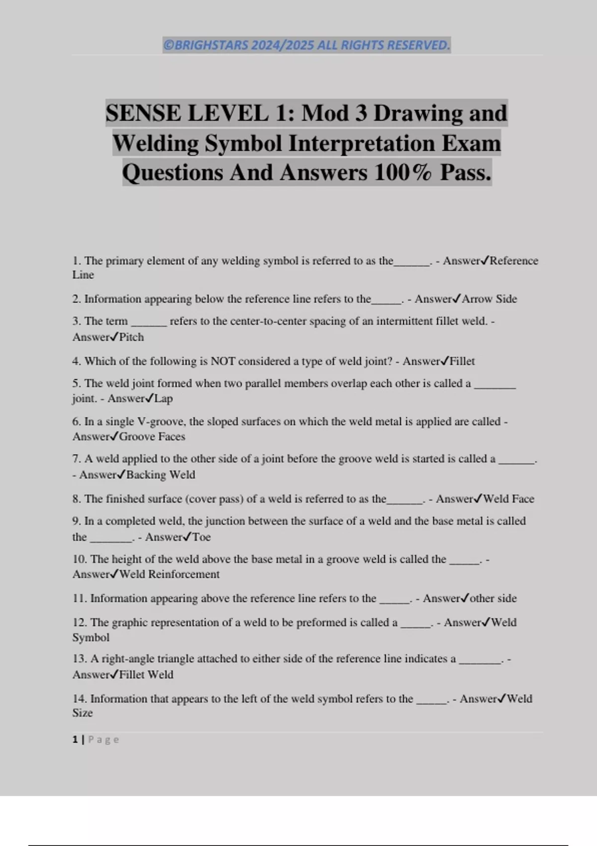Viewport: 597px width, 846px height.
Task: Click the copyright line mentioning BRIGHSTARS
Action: point(306,45)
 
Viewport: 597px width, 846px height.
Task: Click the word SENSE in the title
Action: point(143,113)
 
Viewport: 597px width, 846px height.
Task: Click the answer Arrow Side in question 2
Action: point(490,299)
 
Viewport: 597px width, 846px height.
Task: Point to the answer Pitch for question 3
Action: point(131,337)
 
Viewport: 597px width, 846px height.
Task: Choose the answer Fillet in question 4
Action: point(462,361)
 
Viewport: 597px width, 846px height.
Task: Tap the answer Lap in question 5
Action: point(163,399)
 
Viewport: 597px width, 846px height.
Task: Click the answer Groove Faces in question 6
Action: point(152,437)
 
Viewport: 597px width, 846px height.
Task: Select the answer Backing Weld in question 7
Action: point(161,475)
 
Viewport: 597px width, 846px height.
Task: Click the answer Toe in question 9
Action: point(201,537)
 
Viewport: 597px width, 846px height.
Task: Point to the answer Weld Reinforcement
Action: point(169,574)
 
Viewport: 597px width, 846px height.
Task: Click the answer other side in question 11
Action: point(493,599)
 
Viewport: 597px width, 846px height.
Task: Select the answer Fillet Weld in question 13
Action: point(146,675)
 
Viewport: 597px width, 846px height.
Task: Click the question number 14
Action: point(79,699)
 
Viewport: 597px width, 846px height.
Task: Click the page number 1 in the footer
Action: point(75,740)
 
